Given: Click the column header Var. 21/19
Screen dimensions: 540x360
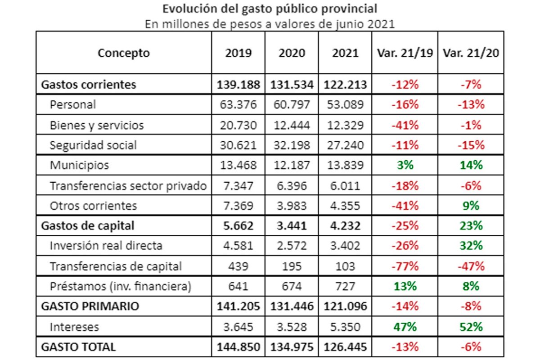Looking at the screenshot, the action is (405, 53).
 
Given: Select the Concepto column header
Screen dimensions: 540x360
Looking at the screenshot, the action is (124, 53).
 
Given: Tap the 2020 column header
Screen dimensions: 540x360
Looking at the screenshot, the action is (292, 53).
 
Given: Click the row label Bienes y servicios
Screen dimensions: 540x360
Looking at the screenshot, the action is (97, 126).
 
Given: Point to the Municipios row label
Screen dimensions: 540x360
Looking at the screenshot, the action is (79, 166).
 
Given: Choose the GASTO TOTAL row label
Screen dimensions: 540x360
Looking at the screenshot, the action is (78, 347).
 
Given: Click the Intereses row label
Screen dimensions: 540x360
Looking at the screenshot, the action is (74, 327).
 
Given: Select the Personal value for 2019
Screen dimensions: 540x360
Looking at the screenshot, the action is (238, 105).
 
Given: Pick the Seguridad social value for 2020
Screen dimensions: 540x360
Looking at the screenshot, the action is (292, 145).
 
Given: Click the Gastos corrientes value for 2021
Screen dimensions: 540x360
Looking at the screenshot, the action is (345, 85).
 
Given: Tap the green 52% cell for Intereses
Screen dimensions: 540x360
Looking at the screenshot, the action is (471, 327).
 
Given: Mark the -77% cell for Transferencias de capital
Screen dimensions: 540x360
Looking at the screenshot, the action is (405, 266).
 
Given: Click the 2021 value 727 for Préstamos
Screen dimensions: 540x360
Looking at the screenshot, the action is (345, 287).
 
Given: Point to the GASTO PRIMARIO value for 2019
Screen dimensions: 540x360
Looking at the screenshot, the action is (238, 306).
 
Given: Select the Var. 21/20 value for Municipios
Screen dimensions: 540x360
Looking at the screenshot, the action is (471, 166).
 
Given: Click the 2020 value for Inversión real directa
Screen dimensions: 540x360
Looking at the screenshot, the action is (292, 246).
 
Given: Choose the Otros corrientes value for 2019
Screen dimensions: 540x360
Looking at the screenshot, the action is (238, 206).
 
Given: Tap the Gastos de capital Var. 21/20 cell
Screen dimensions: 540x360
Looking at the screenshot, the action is (471, 226).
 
